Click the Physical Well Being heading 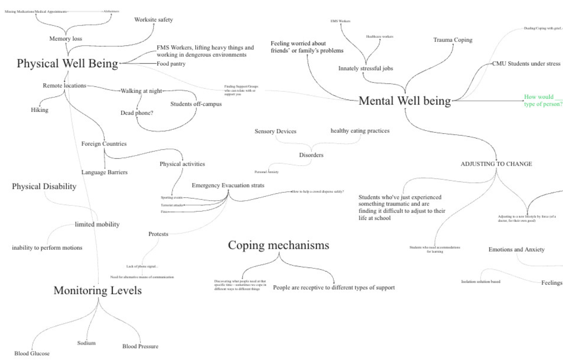[x=68, y=64]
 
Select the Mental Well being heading [x=405, y=101]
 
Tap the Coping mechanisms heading [x=279, y=245]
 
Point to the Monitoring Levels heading [x=98, y=290]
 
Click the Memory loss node [x=66, y=39]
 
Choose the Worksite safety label [x=154, y=20]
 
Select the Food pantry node [x=171, y=64]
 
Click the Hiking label [x=40, y=110]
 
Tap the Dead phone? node [x=137, y=113]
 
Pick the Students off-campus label [x=196, y=104]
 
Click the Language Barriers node [x=104, y=172]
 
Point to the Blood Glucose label [x=32, y=354]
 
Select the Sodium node [x=86, y=343]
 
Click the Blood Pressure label [x=140, y=346]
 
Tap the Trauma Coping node [x=453, y=40]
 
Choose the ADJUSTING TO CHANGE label [x=496, y=164]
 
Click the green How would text [x=539, y=97]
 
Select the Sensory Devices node [x=275, y=131]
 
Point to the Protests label [x=158, y=234]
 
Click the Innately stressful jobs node [x=366, y=68]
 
